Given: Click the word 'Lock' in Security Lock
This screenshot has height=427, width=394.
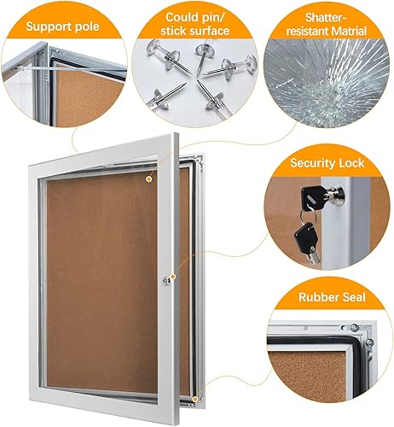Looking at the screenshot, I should point(350,162).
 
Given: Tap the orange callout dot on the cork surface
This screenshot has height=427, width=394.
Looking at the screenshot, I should point(149,179).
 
